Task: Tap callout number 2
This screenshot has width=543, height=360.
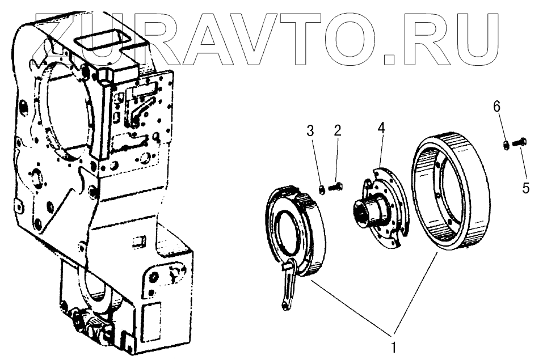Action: (x=337, y=131)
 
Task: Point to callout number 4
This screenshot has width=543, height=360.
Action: (x=382, y=128)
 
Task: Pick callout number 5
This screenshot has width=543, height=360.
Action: (x=526, y=188)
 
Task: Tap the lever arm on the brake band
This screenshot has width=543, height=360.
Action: (x=289, y=286)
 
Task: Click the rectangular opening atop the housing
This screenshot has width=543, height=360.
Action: (x=104, y=43)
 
